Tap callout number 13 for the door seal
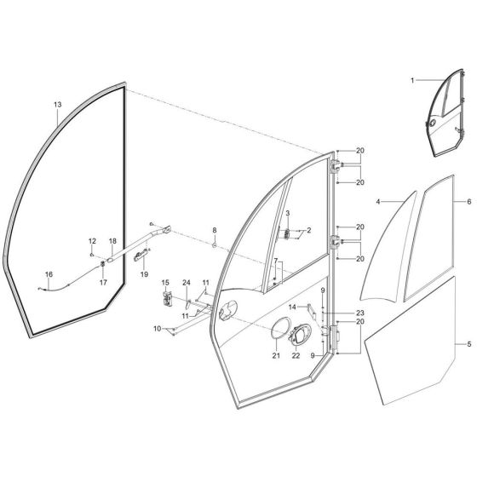pos(57,105)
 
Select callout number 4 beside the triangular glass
pos(377,202)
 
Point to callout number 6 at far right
pos(468,202)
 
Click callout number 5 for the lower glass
pos(468,344)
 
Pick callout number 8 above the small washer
pos(215,231)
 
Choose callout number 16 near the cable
pos(49,273)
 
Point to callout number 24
pos(187,283)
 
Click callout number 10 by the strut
pos(157,327)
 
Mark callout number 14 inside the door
pos(291,306)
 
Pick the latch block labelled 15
pos(167,298)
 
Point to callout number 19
pos(144,274)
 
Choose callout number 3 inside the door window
pos(288,212)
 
